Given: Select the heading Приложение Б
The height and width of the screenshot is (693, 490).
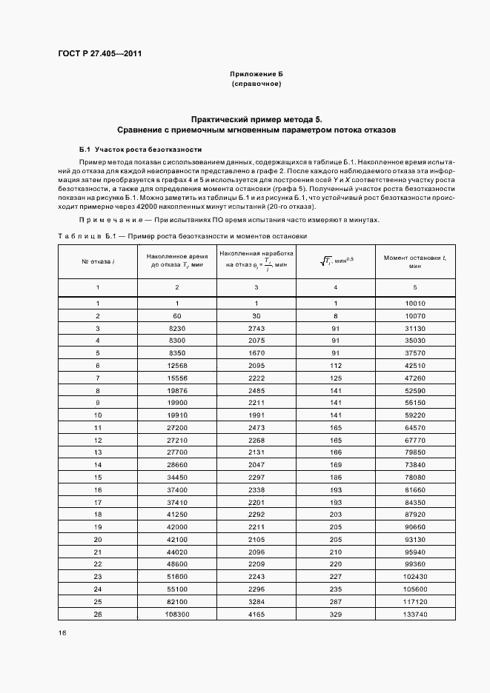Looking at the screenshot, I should click(x=256, y=75).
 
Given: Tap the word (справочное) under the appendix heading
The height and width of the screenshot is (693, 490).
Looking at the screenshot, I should click(x=256, y=84).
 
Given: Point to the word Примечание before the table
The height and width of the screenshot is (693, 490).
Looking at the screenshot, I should click(x=105, y=220).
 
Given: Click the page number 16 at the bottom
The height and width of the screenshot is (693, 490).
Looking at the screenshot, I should click(x=62, y=633).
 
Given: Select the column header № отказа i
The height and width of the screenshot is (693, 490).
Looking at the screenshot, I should click(x=97, y=261).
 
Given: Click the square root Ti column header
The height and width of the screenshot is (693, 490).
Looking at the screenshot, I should click(x=335, y=261).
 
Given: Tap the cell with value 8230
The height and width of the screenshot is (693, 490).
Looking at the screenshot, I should click(x=176, y=328).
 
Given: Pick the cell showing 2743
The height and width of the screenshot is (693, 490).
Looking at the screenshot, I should click(x=256, y=328).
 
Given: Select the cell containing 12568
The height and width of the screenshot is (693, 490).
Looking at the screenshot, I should click(x=176, y=365).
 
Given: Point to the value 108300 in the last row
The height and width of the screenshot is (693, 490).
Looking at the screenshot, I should click(x=176, y=614).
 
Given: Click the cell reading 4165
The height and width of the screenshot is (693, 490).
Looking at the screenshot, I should click(x=256, y=614).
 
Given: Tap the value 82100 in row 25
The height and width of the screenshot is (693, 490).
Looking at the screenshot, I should click(x=176, y=601).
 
